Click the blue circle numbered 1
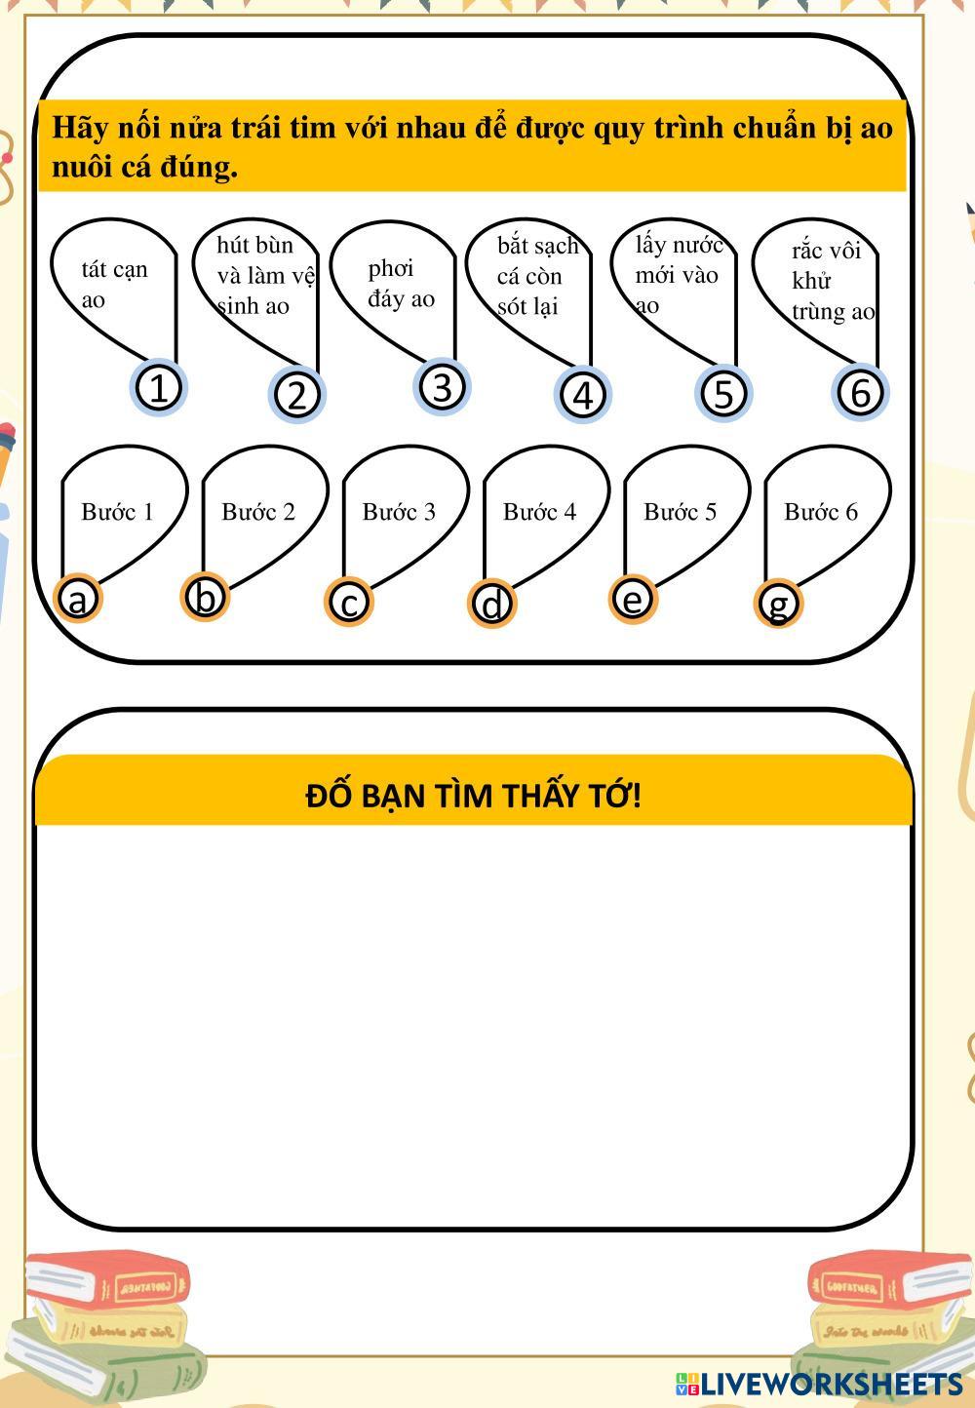[158, 388]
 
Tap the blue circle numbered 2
[297, 395]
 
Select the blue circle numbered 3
[442, 386]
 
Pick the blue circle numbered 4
[583, 396]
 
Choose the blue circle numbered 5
[722, 394]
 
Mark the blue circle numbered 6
[860, 392]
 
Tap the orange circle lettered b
[205, 597]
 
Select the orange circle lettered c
[349, 603]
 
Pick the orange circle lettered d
[492, 605]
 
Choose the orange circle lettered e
[633, 599]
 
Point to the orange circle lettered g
[778, 605]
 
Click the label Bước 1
[117, 512]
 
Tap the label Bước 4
[539, 512]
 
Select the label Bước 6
[820, 512]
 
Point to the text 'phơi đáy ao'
[400, 284]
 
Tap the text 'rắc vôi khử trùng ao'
[832, 281]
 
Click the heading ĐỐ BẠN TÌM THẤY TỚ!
[473, 796]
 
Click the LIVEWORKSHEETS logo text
[830, 1384]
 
